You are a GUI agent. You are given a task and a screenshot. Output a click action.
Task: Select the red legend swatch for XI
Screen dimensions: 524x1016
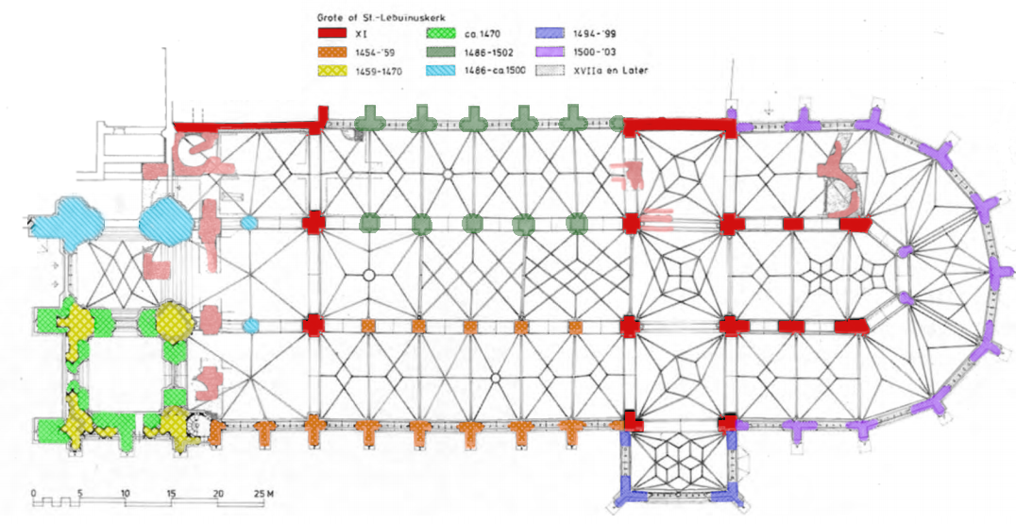coord(332,35)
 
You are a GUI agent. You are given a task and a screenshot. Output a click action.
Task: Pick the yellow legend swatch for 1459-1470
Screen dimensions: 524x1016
coord(332,70)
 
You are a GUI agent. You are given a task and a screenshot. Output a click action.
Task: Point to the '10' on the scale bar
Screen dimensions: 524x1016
coord(126,492)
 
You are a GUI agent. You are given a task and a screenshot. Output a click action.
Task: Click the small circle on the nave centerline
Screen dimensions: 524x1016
coord(369,275)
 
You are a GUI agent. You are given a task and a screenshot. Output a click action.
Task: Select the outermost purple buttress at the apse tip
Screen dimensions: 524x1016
coord(998,275)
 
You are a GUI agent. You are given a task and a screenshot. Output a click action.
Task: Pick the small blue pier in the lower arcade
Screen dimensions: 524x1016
coord(250,326)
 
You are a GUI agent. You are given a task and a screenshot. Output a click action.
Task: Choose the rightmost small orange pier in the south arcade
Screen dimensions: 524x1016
coord(576,326)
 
